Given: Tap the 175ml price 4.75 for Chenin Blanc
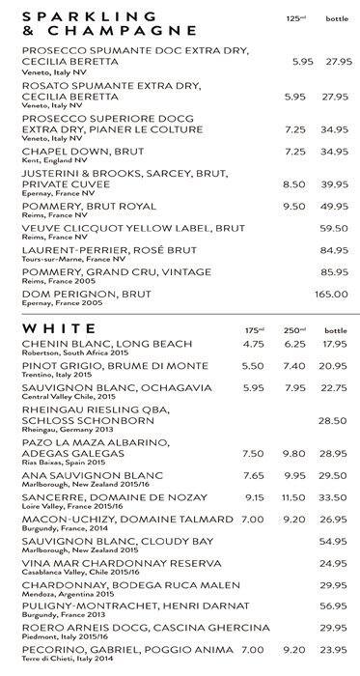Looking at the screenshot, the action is pos(253,344).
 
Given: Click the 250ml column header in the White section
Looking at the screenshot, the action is pos(294,330).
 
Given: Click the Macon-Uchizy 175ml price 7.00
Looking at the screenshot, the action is pos(253,520).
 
